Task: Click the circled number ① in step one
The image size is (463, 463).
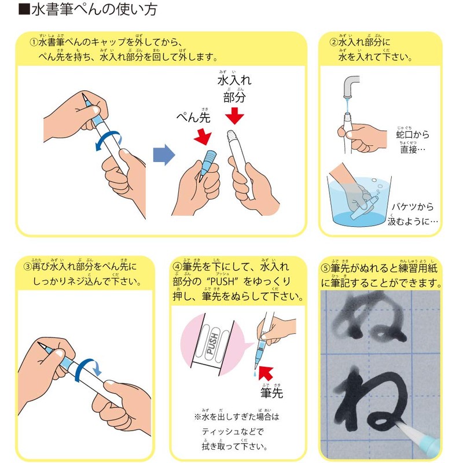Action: point(34,42)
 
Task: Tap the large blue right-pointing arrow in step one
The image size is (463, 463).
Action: point(163,155)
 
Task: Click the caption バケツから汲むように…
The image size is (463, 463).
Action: point(414,214)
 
